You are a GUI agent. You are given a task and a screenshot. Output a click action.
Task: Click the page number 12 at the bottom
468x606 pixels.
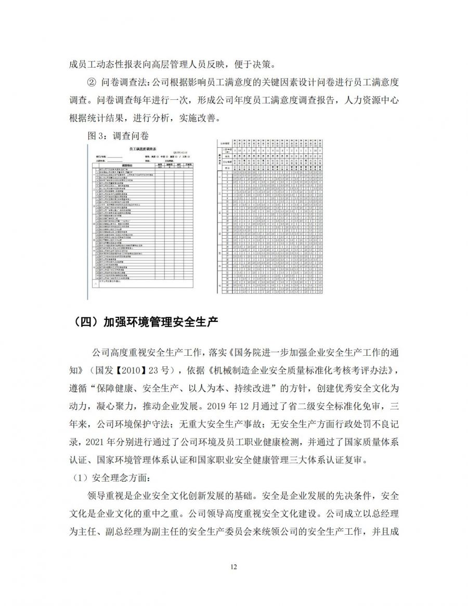tap(234, 566)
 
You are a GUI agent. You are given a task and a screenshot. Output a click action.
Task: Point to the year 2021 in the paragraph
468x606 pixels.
tap(94, 442)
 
